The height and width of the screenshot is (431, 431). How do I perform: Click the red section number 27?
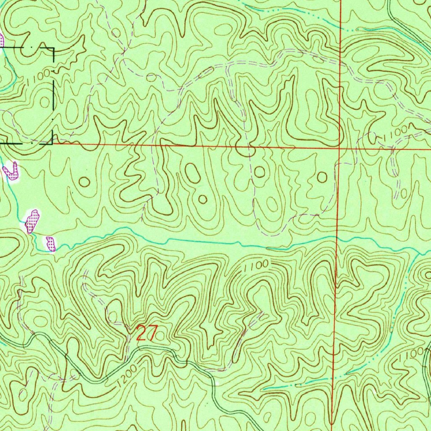coord(146,334)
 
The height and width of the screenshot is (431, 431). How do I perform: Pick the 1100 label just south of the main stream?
coord(255,266)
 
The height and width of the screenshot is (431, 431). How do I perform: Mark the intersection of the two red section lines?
coord(340,148)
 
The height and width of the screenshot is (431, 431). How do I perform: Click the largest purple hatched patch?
coord(32,221)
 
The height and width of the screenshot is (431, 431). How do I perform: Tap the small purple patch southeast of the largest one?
coord(51,243)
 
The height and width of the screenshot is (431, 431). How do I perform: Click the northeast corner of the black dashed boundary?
coord(54,48)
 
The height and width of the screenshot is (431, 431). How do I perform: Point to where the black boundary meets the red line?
coord(53,144)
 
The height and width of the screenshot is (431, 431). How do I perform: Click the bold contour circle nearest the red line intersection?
coord(322,177)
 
